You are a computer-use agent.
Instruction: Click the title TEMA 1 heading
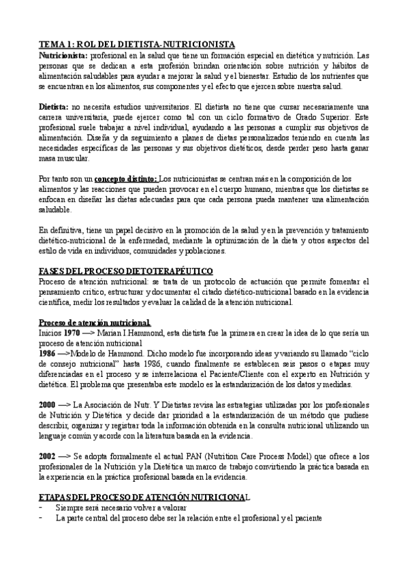[x=136, y=44]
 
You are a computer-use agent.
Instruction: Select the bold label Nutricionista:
[x=63, y=54]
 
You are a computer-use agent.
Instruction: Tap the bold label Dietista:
[x=54, y=106]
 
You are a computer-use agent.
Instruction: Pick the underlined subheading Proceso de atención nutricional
[x=95, y=322]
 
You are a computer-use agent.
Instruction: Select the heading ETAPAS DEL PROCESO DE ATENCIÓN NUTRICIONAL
[x=145, y=498]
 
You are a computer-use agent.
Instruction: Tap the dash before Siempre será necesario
[x=42, y=508]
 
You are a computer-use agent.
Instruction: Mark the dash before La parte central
[x=42, y=518]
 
